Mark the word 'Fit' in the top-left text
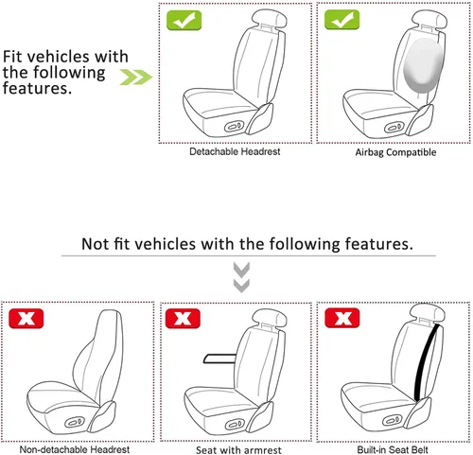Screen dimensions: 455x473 [16, 56]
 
